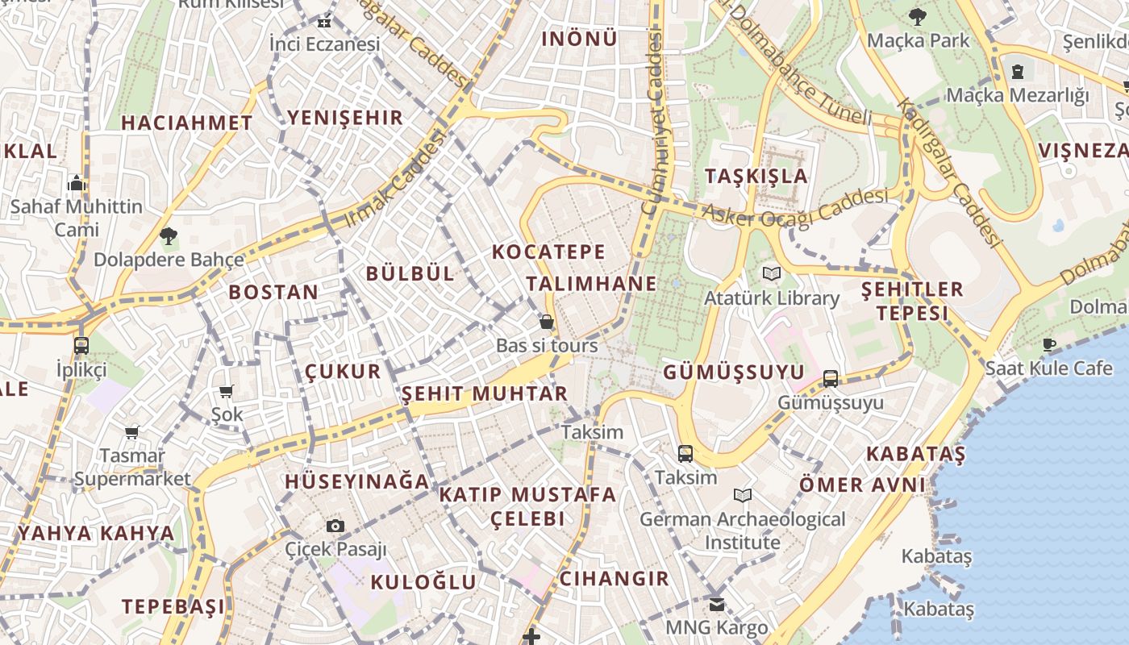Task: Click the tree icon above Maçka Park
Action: click(917, 16)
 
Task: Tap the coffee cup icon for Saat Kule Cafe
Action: click(1048, 345)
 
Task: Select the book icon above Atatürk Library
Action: click(772, 274)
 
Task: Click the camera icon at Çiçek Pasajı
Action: click(335, 526)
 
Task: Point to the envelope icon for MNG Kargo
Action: click(717, 605)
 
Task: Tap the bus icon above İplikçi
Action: click(81, 346)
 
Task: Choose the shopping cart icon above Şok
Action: click(227, 391)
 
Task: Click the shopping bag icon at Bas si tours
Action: click(547, 322)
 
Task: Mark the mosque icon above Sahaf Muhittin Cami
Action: click(77, 183)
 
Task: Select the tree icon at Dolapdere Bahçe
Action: click(169, 236)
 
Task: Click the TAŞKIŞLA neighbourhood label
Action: click(756, 176)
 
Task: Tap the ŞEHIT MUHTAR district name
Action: click(485, 393)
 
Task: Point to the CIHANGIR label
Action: click(614, 578)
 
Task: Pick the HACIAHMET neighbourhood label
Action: click(186, 123)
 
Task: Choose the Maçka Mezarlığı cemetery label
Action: click(1017, 95)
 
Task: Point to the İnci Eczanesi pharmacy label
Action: click(324, 44)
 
